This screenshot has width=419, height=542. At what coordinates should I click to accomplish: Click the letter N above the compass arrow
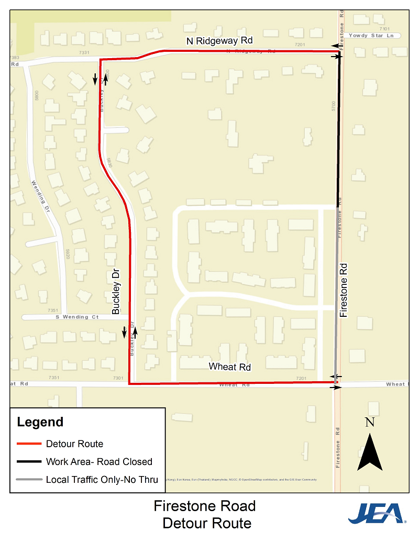click(x=370, y=422)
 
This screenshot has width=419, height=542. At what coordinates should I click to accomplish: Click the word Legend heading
click(x=40, y=422)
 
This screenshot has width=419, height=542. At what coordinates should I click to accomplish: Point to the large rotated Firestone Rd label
click(x=344, y=290)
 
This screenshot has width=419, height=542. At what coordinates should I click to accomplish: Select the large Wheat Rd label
click(x=230, y=367)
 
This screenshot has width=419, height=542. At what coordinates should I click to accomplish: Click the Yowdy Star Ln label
click(x=374, y=36)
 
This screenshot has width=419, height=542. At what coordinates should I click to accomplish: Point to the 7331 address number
click(x=84, y=52)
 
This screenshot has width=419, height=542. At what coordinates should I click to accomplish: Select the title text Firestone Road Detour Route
click(x=205, y=514)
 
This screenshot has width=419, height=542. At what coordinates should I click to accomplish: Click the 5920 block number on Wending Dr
click(x=68, y=253)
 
